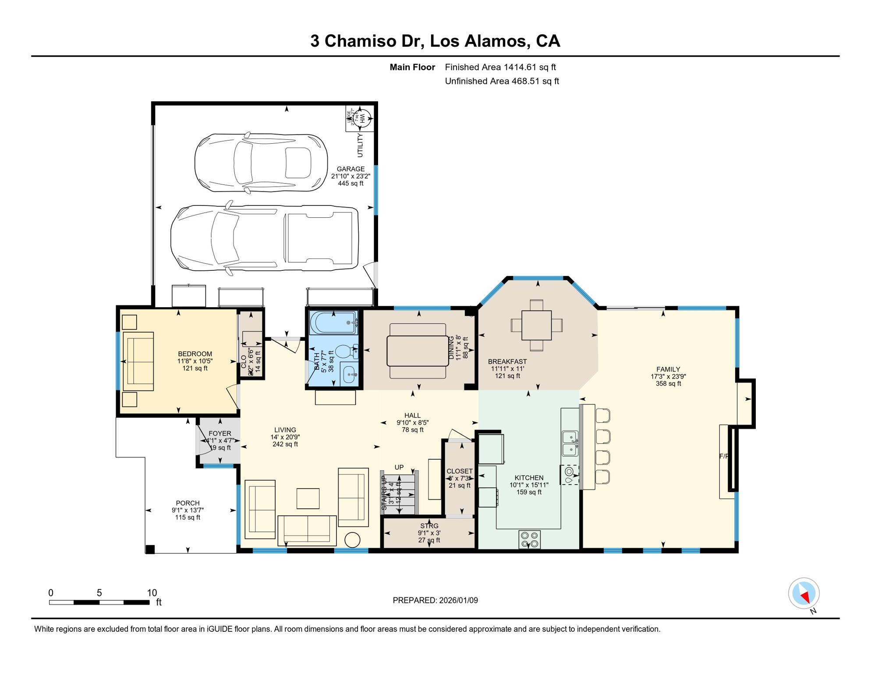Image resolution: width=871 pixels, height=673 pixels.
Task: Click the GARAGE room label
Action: pos(351,169)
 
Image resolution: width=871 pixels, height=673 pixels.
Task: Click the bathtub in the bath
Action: pos(333,323)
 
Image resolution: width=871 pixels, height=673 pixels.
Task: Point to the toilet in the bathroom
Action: pos(347,352)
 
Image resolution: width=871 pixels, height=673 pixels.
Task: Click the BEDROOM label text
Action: pos(195,354)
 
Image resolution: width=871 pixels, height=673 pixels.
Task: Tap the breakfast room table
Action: pos(536,326)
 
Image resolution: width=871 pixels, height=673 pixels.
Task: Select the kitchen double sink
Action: pos(570,443)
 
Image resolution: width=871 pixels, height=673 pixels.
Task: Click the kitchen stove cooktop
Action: pos(529,539)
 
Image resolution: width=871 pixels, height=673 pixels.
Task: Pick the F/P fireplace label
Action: pos(724,456)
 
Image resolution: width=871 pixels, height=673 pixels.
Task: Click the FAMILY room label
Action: pos(668,369)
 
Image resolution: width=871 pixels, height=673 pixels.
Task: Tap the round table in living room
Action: pos(352,540)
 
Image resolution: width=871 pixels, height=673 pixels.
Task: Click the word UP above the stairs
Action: pos(399,468)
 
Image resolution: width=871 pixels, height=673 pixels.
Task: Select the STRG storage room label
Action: pos(429,526)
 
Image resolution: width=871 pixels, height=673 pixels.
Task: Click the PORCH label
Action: pos(188,503)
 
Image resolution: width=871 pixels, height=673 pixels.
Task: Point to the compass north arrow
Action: pos(804,596)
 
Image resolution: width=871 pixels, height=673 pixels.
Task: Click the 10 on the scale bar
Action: pos(152,593)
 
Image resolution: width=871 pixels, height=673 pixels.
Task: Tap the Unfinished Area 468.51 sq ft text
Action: pos(502,81)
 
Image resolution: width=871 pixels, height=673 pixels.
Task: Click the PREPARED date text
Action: pos(435,601)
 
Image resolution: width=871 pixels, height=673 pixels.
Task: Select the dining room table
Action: pos(418,351)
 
